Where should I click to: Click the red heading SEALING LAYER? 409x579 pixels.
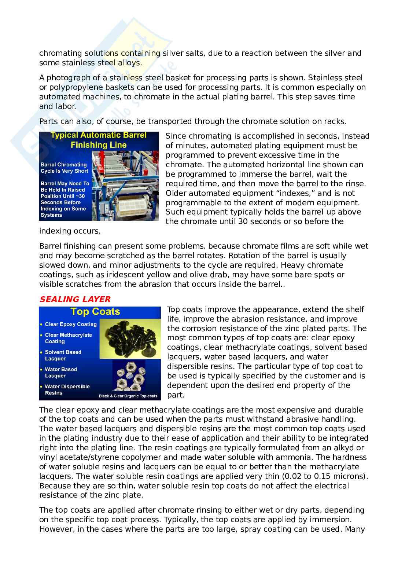(75, 300)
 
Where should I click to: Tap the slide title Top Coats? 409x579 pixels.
(95, 312)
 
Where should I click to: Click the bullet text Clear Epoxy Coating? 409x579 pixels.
(70, 324)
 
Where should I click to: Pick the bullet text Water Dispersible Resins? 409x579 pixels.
(67, 389)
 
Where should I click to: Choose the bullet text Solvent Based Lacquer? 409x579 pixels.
(63, 355)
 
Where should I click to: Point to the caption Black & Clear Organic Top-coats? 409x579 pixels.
(128, 396)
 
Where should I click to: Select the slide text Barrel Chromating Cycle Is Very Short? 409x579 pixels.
(64, 168)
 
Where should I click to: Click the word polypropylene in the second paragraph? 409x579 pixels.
(74, 87)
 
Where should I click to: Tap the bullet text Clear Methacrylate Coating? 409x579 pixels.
(68, 338)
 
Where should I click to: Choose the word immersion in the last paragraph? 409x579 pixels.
(331, 520)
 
